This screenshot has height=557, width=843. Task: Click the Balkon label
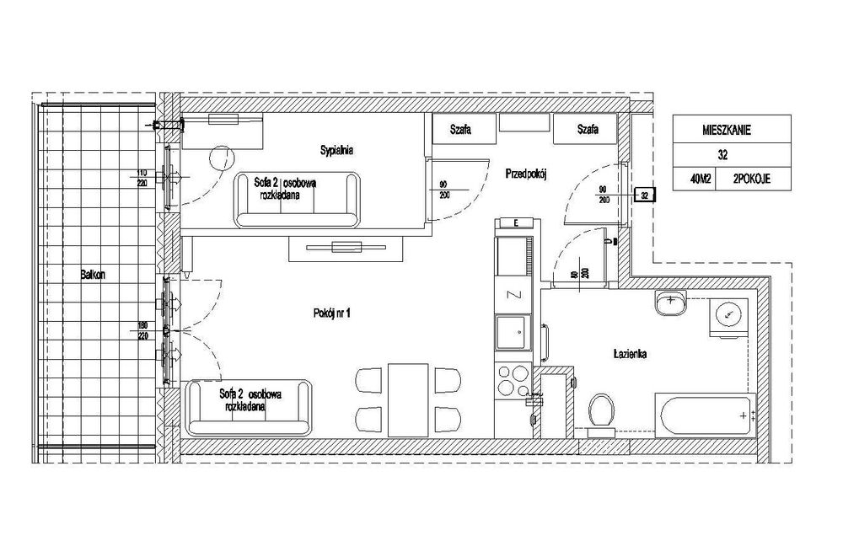pos(94,274)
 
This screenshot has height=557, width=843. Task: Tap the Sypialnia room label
pos(336,151)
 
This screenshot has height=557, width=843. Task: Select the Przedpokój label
pos(527,174)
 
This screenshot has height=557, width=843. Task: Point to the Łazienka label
pos(630,355)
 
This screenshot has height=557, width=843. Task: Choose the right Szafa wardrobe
pos(588,130)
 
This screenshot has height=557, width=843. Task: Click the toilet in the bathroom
pos(602,410)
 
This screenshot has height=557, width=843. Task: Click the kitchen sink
pos(512,332)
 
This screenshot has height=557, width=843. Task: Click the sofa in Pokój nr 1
pos(250,406)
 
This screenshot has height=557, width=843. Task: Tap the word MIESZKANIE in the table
pos(726,130)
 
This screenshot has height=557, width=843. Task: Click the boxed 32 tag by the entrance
pos(645,195)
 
